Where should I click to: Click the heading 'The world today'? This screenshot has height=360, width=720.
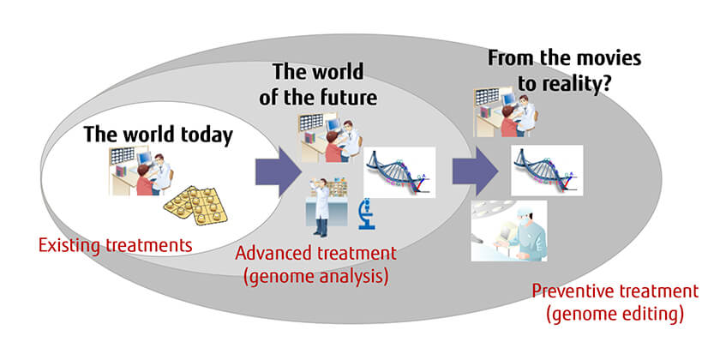(159, 135)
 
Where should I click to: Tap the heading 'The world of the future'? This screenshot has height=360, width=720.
(318, 85)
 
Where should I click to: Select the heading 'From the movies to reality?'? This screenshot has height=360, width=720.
(564, 71)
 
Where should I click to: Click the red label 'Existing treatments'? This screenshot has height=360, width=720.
(115, 245)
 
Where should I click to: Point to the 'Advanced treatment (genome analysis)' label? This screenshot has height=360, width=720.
(316, 266)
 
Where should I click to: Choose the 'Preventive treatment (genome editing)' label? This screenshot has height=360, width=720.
(615, 303)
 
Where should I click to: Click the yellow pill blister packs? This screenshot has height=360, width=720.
(195, 205)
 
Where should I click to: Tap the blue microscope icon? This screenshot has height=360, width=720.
(367, 213)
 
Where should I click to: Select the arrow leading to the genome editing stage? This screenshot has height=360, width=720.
(475, 171)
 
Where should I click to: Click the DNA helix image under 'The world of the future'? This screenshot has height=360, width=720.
(399, 172)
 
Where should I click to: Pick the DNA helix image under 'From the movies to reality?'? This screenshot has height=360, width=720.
(547, 171)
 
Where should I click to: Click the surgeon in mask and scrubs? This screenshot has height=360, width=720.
(509, 231)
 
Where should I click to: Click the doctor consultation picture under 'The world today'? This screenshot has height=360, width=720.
(141, 171)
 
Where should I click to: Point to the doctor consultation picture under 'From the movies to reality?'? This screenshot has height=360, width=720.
(506, 111)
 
